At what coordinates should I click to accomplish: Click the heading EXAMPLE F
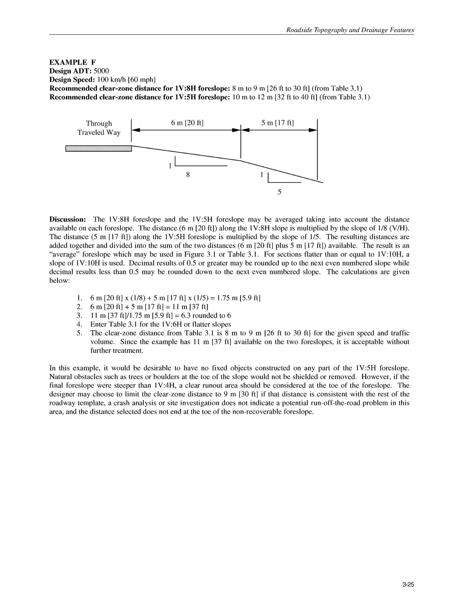coord(72,62)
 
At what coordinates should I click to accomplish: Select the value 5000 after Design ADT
coord(101,71)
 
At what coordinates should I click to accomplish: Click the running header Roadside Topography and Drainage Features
coord(350,30)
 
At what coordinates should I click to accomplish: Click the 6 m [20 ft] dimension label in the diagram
coord(187,123)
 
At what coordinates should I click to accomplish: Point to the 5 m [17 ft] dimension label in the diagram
coord(277,123)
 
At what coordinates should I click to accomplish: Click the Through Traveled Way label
coord(99,128)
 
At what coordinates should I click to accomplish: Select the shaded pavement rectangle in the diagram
coord(99,149)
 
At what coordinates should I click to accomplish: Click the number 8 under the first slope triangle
coord(188,174)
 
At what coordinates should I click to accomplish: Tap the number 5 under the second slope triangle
coord(279,192)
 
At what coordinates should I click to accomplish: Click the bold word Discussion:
coord(67,219)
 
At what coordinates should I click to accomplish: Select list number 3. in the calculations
coord(80,315)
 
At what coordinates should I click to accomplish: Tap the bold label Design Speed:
coord(72,80)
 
